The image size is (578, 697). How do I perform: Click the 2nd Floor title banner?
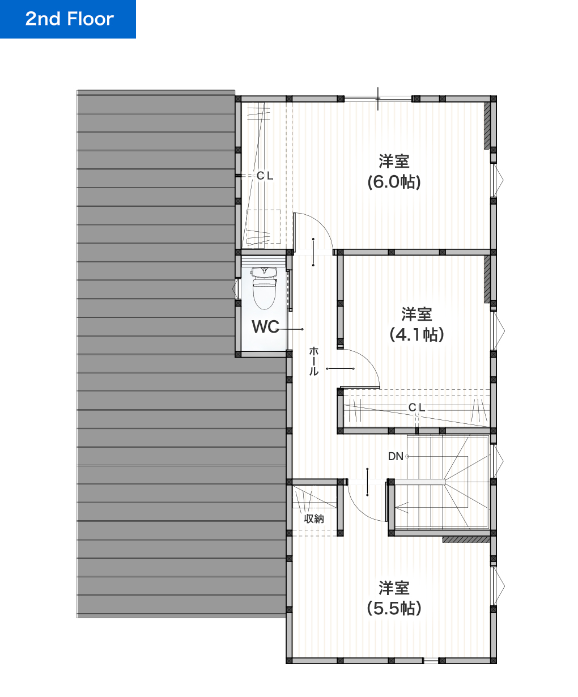point(68,19)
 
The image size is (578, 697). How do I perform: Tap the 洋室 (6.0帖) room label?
point(394,172)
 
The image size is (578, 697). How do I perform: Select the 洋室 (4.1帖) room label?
point(416,324)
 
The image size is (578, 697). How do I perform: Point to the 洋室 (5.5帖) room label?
point(394,598)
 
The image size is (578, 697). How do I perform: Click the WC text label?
point(265,326)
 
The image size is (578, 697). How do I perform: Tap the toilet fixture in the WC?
point(264,288)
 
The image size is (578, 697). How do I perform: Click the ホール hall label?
point(313,361)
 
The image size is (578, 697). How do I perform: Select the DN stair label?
point(396,456)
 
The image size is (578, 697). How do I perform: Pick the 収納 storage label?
point(314,518)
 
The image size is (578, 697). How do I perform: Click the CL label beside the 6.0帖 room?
point(265,176)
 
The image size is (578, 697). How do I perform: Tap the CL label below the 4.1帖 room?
point(416,407)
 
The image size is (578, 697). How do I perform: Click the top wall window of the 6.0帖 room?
point(378,99)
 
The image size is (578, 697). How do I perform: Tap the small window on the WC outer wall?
point(236,288)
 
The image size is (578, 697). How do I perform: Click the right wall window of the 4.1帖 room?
point(499,330)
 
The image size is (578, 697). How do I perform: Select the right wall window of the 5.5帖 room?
point(499,586)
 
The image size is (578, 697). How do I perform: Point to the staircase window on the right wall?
point(498,461)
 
